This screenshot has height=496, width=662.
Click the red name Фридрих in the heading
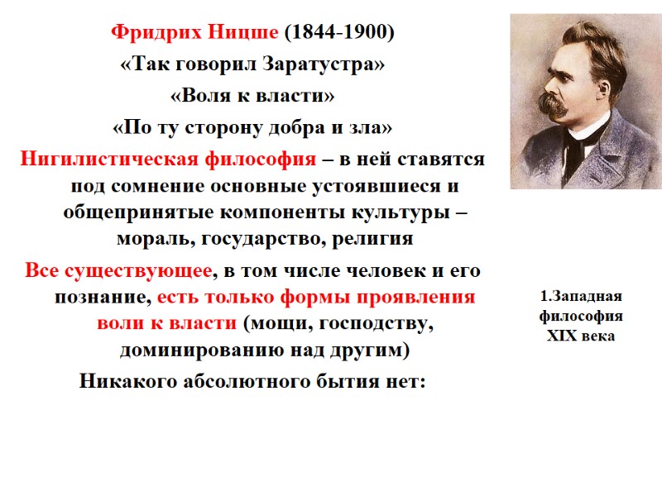click(x=151, y=34)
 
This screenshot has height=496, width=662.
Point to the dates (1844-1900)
click(x=339, y=34)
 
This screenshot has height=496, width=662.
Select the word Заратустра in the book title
click(x=324, y=65)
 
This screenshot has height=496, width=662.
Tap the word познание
click(x=103, y=298)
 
